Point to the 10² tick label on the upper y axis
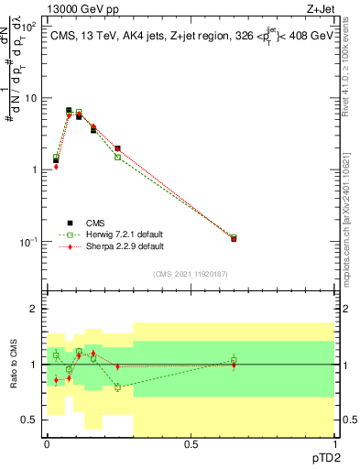pyautogui.click(x=28, y=27)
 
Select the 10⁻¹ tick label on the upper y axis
pyautogui.click(x=28, y=242)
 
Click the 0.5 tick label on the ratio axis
pyautogui.click(x=30, y=420)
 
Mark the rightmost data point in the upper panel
pyautogui.click(x=234, y=238)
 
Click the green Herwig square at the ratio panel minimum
pyautogui.click(x=117, y=387)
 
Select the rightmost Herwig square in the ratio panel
pyautogui.click(x=234, y=360)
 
